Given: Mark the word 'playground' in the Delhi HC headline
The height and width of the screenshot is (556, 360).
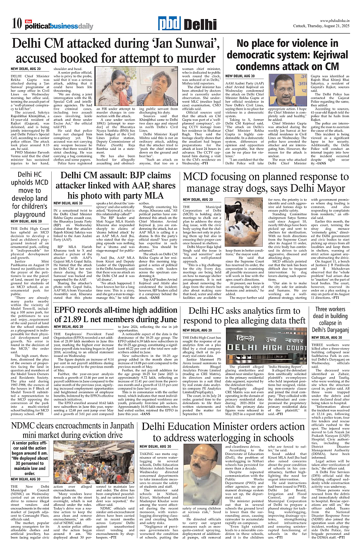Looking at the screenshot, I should click(29, 215).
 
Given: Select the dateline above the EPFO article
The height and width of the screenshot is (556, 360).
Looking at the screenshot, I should click(68, 327).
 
